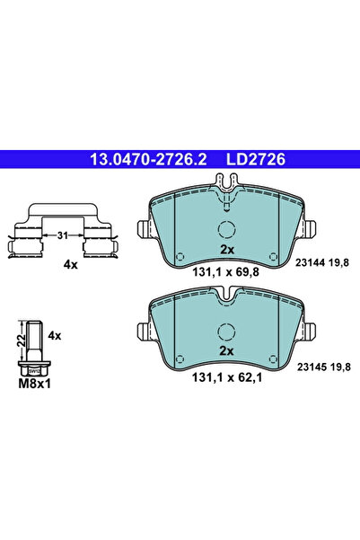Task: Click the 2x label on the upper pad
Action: click(x=227, y=249)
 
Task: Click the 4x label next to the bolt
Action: click(x=54, y=335)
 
